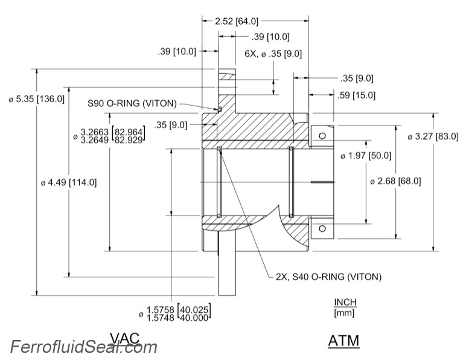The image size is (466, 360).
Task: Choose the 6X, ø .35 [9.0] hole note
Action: [273, 54]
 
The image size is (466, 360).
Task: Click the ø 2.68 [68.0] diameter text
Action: [397, 181]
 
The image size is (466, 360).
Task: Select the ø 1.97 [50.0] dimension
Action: [366, 156]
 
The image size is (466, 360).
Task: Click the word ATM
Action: [343, 341]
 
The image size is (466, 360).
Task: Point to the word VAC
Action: [128, 338]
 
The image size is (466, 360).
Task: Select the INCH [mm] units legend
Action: [345, 307]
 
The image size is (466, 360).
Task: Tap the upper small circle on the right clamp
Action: [323, 135]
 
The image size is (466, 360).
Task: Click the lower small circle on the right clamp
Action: [323, 228]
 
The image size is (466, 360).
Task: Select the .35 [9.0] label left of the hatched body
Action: [170, 125]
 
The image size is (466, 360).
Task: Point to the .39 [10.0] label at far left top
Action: [177, 51]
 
